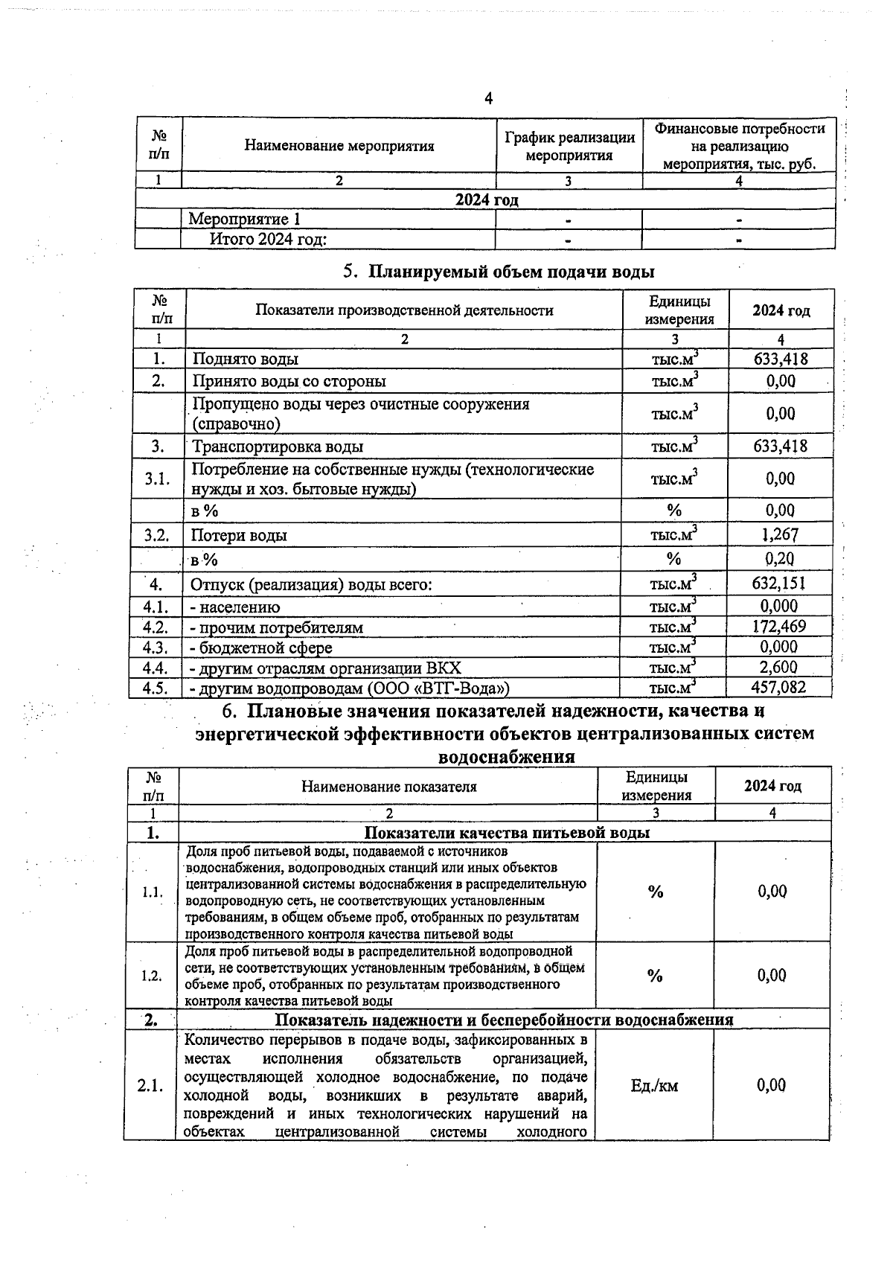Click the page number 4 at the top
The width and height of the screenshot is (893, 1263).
pos(488,99)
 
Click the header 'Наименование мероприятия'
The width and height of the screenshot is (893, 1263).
pos(339,146)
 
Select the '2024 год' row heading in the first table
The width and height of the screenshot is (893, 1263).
pos(487,200)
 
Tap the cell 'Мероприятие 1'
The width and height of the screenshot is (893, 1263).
pos(245,220)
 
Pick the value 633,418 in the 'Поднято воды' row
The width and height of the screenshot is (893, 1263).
pos(781,359)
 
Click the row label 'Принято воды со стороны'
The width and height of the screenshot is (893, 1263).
pos(289,382)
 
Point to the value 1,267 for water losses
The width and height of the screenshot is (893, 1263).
pos(780,535)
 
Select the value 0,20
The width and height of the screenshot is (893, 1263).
pos(780,560)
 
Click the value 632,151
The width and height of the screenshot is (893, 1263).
pos(779,583)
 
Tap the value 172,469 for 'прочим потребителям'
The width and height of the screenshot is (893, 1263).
pos(779,627)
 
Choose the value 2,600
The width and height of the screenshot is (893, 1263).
pos(779,668)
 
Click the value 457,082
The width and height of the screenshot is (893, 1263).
pos(779,688)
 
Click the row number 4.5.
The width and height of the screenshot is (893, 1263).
pos(156,688)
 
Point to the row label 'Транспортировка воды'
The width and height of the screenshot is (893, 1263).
pos(278,447)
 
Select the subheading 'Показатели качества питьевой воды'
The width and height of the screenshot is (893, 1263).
pos(506,833)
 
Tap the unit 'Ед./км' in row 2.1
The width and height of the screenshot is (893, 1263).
pos(654,1086)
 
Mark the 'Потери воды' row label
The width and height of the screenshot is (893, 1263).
pos(239,536)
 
